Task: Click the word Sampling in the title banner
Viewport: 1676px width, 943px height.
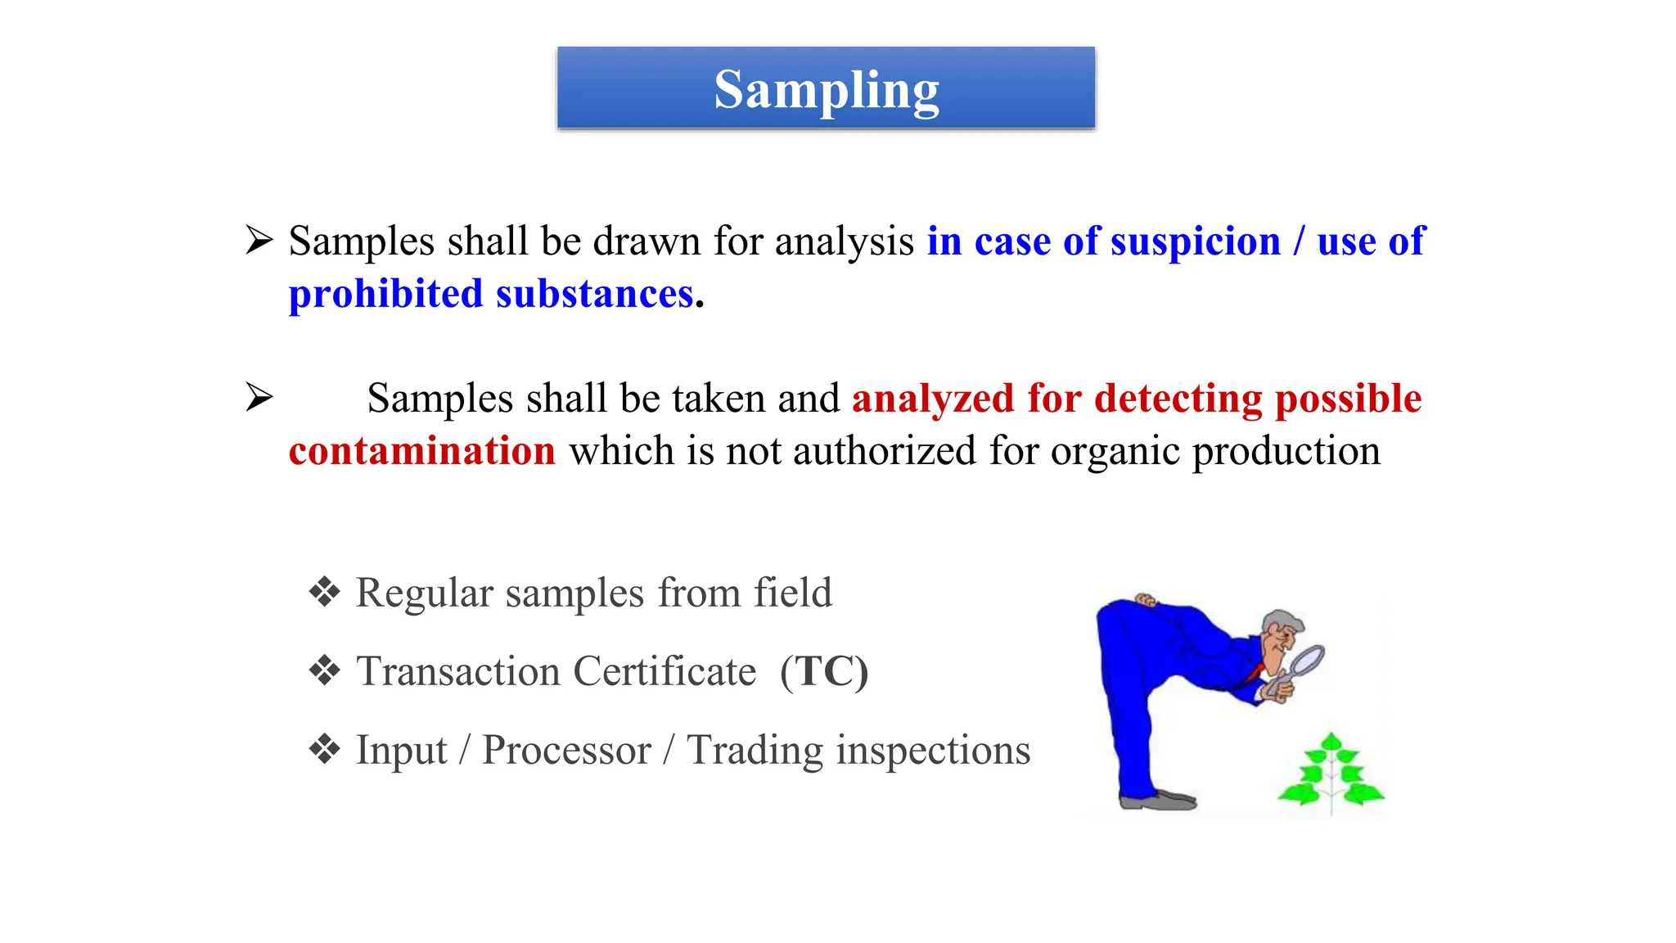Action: (826, 90)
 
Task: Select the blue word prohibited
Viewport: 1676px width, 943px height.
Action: (385, 294)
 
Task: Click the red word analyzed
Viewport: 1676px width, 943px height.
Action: (933, 399)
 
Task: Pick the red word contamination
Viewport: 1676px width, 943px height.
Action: (421, 451)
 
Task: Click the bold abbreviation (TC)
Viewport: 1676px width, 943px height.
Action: (823, 672)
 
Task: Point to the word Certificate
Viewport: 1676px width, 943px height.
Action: (665, 672)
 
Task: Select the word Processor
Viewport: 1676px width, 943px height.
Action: (566, 751)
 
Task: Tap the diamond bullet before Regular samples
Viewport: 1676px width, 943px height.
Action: (325, 592)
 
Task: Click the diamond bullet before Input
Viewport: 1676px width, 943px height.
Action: (325, 749)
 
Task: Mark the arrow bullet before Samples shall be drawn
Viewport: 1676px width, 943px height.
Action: (259, 241)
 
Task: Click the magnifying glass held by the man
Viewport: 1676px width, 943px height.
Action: (1305, 660)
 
